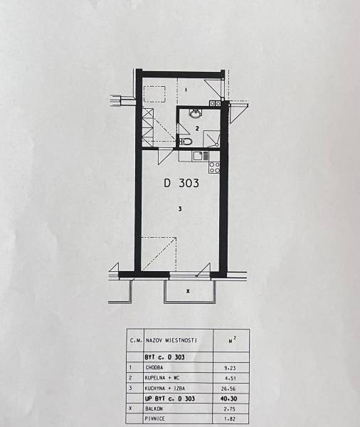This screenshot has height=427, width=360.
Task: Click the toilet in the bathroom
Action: pos(186,142)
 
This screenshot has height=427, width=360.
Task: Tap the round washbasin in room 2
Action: pos(195,114)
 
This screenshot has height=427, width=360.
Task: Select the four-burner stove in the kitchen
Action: pos(214,167)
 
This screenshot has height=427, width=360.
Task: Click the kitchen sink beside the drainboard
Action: pos(197,157)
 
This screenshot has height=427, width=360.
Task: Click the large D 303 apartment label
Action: pos(181,183)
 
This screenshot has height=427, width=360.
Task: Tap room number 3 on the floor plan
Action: pos(180,209)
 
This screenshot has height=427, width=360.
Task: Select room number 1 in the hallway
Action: pos(186,90)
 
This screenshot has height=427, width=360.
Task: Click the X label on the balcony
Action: pos(188,291)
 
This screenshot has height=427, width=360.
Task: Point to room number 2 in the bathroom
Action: pos(197,128)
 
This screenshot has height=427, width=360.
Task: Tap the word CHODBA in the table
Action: pos(154,368)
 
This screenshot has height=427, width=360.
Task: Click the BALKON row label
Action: pos(154,408)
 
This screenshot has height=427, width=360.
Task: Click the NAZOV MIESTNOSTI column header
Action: pos(171,340)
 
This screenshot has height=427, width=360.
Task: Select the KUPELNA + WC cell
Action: pos(163,378)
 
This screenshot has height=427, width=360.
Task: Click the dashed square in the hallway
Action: pos(154,94)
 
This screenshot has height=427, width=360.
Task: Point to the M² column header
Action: pos(231,340)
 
